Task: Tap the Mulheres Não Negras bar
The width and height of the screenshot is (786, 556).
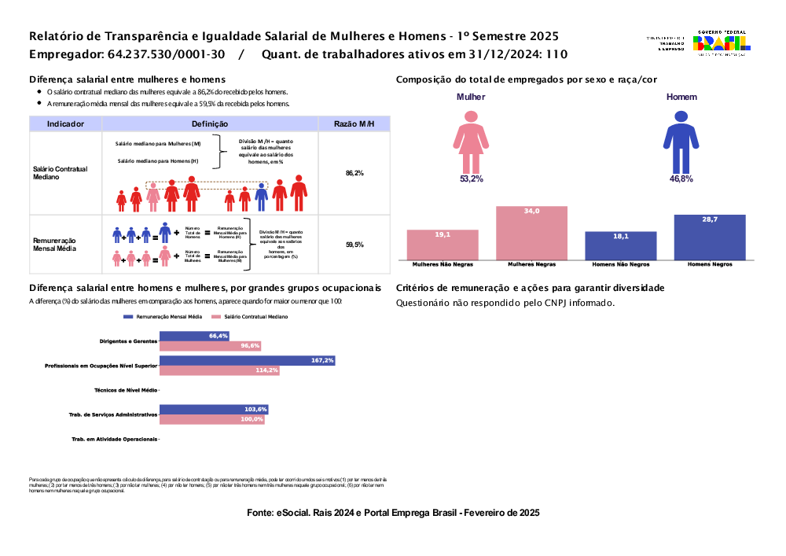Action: coord(443,245)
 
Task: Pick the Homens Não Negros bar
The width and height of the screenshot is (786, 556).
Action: coord(621,245)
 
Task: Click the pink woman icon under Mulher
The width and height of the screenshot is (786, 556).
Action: coord(472,141)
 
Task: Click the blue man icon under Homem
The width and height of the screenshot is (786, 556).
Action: coord(681,141)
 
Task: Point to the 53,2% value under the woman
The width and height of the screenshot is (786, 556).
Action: coord(472,179)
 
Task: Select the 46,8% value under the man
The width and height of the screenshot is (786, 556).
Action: coord(681,179)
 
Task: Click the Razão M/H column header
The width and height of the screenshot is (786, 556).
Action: coord(354,123)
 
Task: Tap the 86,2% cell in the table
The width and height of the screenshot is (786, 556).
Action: coord(354,173)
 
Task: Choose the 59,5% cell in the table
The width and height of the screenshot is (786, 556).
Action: coord(354,245)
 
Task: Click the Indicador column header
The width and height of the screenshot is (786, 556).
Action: coord(66,123)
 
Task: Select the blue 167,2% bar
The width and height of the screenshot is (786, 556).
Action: coord(248,360)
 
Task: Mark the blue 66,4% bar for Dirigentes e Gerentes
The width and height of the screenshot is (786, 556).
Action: coord(195,336)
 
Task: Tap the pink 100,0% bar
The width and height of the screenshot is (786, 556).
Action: coord(212,420)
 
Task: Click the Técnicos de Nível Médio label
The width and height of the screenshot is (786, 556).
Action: coord(125,390)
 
